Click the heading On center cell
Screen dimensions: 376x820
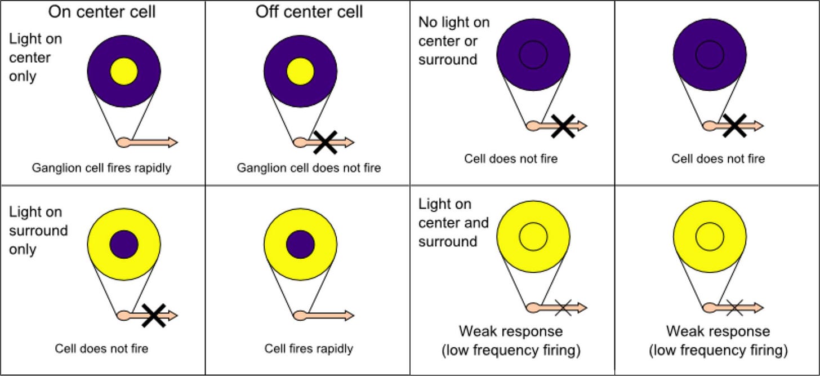click(x=102, y=12)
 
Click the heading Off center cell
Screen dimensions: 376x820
click(x=309, y=12)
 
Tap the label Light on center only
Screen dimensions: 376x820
click(x=35, y=58)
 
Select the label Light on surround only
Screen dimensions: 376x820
click(x=38, y=231)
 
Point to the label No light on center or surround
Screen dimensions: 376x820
click(x=453, y=41)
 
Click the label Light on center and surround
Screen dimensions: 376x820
click(x=453, y=223)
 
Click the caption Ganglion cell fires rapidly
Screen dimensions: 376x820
click(x=101, y=168)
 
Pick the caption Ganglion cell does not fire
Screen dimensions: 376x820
click(x=309, y=168)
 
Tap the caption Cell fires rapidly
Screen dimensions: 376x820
click(x=309, y=348)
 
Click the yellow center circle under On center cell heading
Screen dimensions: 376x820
click(x=124, y=71)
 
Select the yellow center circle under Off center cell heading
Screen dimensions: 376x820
click(x=300, y=71)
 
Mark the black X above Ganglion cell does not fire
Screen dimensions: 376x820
click(x=325, y=142)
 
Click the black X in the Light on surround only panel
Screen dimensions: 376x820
click(x=153, y=315)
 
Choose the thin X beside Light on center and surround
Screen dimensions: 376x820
click(x=563, y=308)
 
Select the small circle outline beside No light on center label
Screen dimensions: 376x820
click(x=533, y=54)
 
